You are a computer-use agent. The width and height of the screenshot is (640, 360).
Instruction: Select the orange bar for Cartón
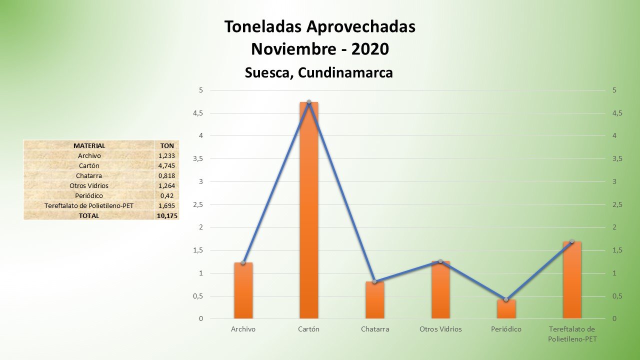[308, 210]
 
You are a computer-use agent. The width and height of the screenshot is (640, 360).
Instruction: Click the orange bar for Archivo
[243, 290]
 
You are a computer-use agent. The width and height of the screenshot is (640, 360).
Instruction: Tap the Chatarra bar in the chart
[374, 300]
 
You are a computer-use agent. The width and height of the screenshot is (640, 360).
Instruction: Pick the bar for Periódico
[506, 309]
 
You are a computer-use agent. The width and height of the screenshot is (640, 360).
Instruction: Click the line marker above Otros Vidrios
[440, 261]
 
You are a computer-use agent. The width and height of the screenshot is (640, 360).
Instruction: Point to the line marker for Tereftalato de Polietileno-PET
[572, 241]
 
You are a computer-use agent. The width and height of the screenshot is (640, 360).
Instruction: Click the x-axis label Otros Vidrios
[440, 329]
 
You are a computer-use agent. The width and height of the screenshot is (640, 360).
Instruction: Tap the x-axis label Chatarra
[374, 329]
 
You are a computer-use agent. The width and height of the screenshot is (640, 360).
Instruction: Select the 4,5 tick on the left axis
[198, 113]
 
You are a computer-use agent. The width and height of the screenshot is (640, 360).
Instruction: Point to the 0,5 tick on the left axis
[198, 296]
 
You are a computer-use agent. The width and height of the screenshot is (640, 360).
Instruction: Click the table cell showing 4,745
[167, 165]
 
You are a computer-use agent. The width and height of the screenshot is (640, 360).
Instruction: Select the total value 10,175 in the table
[167, 215]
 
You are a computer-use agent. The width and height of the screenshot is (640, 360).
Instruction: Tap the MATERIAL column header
[89, 145]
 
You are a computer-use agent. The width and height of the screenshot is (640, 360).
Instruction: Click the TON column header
[167, 145]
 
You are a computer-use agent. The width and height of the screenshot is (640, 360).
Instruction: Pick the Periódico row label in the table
[89, 195]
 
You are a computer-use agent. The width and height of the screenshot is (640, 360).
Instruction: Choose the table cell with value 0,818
[167, 175]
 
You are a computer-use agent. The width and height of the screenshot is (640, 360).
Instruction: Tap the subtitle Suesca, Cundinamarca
[319, 72]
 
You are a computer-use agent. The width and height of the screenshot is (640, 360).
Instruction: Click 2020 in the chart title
[370, 49]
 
